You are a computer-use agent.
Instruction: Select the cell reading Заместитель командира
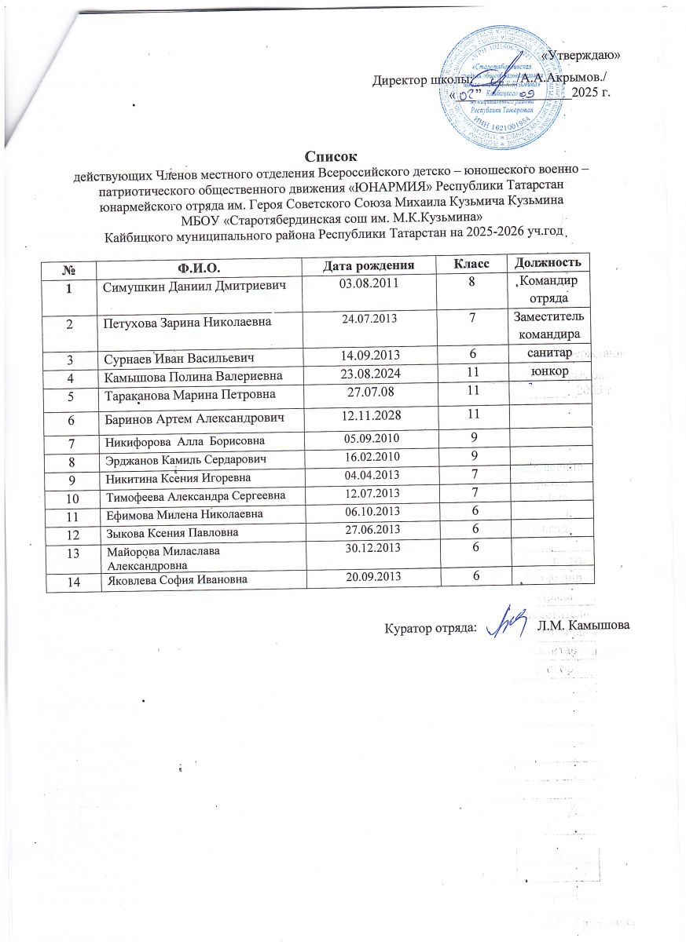click(548, 326)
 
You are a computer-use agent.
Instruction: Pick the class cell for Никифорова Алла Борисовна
click(475, 436)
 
